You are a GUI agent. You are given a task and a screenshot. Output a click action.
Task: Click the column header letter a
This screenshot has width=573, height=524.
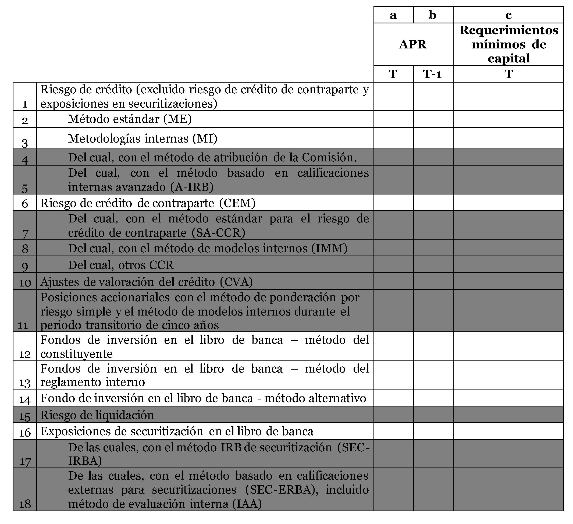[393, 15]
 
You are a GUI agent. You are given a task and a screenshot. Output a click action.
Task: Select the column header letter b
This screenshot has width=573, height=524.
[432, 15]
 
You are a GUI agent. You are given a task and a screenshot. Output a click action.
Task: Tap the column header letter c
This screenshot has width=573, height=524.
[508, 15]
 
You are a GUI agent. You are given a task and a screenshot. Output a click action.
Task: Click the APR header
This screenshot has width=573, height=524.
[413, 44]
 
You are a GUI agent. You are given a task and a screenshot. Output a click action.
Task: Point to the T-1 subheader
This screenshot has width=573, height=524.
[432, 74]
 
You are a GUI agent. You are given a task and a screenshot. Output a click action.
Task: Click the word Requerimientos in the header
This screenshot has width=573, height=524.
[509, 30]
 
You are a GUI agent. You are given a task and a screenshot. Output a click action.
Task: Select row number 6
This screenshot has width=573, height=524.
[25, 204]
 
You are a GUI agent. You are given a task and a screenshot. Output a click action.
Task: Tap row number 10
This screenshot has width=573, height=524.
[25, 283]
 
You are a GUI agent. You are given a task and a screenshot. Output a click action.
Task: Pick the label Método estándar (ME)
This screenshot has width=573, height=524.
[130, 119]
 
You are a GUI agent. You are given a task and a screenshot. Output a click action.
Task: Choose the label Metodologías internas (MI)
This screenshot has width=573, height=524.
[143, 139]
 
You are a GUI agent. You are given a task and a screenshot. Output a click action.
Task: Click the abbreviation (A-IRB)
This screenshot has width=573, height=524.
[192, 187]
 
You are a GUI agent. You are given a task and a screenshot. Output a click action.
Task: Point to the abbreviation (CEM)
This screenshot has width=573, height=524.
[237, 203]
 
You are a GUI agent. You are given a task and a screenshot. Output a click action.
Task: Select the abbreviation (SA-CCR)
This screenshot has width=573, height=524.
[218, 233]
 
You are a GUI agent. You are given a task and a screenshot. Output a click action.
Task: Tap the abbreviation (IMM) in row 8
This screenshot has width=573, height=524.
[329, 248]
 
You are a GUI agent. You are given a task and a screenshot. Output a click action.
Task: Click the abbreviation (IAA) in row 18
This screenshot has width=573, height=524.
[247, 504]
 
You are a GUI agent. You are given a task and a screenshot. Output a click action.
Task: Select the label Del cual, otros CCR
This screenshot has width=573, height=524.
[121, 265]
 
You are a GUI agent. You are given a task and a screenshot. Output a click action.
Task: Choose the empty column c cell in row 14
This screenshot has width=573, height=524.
[508, 398]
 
